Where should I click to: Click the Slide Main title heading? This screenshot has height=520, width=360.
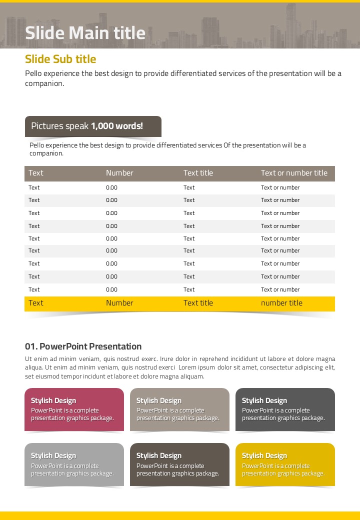tap(85, 33)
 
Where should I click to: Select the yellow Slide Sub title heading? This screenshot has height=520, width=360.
tap(60, 59)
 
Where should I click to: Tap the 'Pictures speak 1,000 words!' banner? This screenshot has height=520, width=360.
tap(93, 126)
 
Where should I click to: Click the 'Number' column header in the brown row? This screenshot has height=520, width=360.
tap(119, 173)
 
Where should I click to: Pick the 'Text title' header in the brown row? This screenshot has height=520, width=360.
tap(198, 173)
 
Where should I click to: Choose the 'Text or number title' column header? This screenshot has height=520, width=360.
tap(294, 173)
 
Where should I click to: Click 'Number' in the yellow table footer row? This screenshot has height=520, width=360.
tap(119, 303)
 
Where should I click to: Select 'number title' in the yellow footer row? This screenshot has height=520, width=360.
tap(281, 303)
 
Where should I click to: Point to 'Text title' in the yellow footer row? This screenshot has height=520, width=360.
tap(198, 303)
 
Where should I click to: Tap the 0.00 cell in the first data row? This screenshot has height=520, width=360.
tap(111, 187)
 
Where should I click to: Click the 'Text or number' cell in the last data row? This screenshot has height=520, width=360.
tap(280, 289)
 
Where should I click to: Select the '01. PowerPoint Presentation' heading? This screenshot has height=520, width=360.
tap(83, 346)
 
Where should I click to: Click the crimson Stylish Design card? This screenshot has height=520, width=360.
tap(74, 409)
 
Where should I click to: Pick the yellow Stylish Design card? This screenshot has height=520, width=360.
tap(285, 464)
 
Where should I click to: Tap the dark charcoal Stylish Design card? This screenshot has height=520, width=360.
tap(285, 409)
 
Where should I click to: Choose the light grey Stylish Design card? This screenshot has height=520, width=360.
tap(74, 464)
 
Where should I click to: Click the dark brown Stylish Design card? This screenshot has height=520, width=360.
tap(179, 464)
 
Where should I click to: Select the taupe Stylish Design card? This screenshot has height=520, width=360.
tap(179, 409)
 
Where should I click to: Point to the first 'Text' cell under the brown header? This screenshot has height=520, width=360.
tap(34, 187)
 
